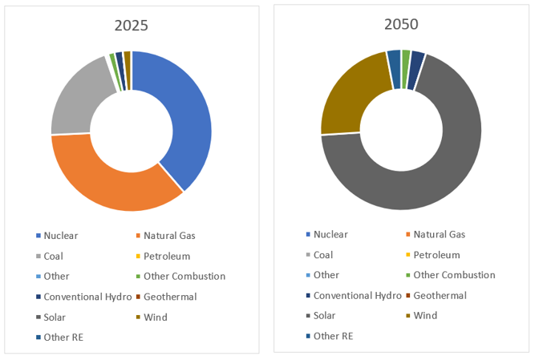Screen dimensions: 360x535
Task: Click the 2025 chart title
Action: point(131,26)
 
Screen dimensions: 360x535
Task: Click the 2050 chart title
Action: point(401,24)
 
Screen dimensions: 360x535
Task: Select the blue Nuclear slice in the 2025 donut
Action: point(186,112)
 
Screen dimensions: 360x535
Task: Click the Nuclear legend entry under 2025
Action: point(61,236)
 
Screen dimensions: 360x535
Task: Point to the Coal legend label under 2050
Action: point(323,255)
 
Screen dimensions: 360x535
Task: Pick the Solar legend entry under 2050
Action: point(325,316)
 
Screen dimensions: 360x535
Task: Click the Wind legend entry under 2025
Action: point(156,317)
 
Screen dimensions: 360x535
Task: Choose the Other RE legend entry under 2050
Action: point(331,336)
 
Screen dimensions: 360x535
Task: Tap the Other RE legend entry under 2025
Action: point(63,338)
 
